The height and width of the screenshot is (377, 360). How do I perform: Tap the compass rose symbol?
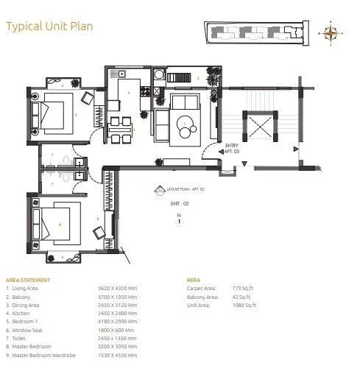pos(331,32)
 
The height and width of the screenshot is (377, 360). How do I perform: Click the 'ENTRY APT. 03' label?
pos(230,147)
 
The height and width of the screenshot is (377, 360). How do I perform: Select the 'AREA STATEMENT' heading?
pos(28,281)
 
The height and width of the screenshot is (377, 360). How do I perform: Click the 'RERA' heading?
pos(194,281)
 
